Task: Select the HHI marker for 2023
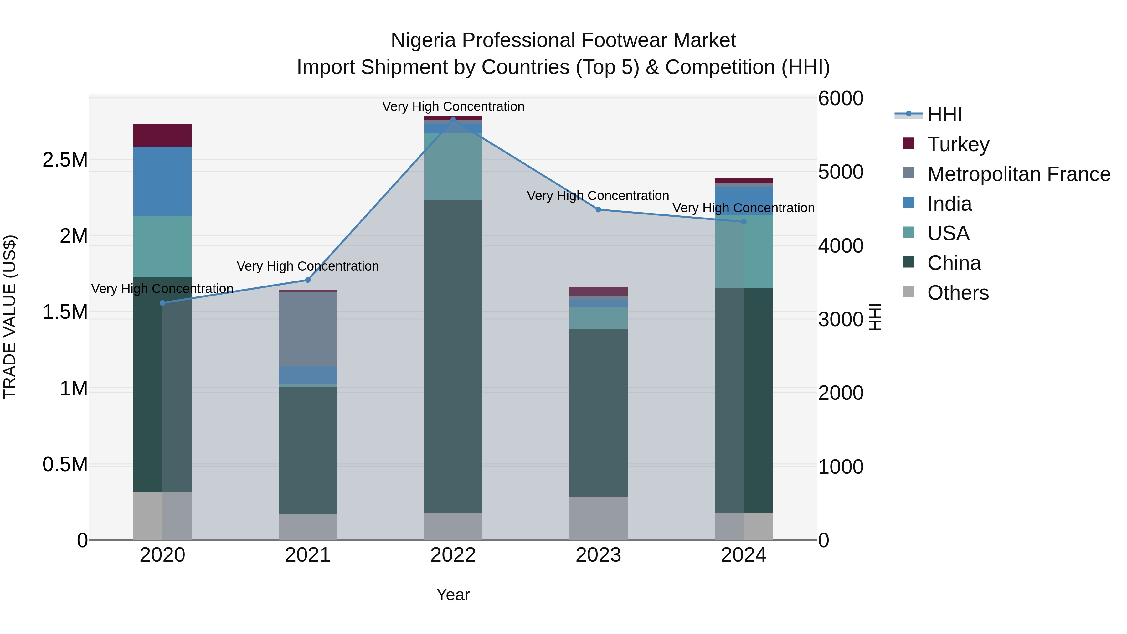(x=599, y=209)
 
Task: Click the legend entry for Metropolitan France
(x=1018, y=174)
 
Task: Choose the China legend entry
(x=954, y=263)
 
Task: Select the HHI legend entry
(x=944, y=115)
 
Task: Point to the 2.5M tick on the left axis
(x=65, y=160)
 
